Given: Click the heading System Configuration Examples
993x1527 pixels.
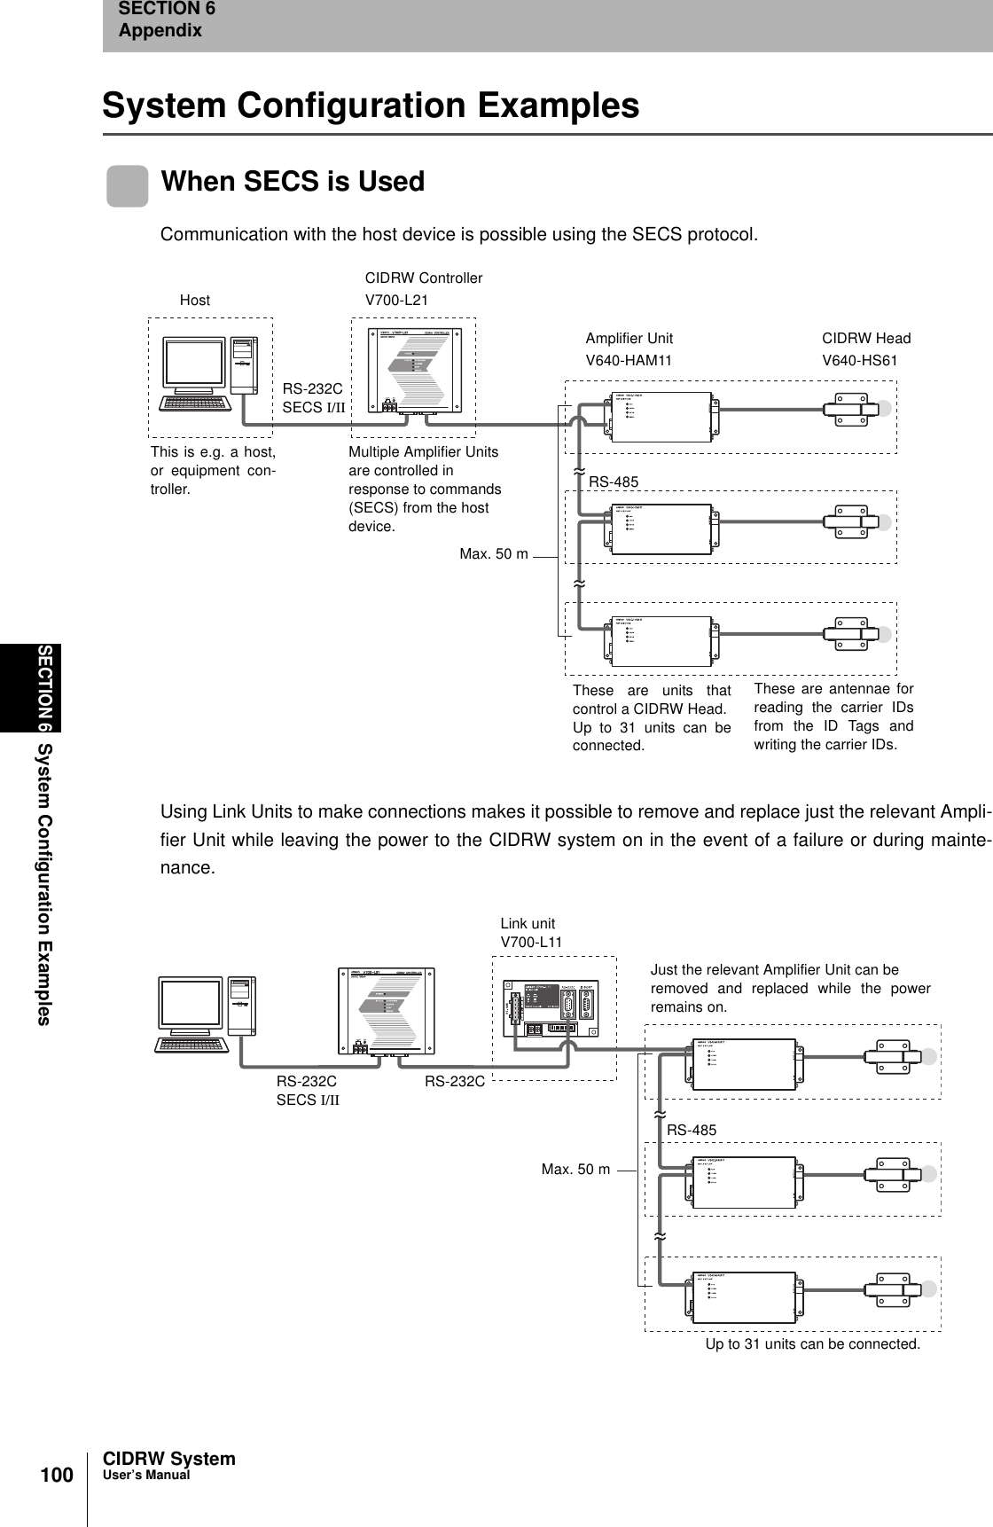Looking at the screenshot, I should [371, 105].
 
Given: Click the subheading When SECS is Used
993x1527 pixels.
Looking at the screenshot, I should [293, 182].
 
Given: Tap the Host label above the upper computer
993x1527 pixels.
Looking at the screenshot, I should [195, 301].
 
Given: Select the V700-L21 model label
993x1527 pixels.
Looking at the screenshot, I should [396, 301].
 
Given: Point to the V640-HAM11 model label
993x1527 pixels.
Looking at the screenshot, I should [629, 361].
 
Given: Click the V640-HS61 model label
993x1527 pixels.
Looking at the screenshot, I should [860, 361].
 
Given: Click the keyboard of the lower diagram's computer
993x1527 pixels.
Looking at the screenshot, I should [190, 1044].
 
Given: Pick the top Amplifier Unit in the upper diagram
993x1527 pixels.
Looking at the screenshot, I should [661, 415].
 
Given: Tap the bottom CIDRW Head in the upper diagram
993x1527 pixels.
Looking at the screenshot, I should [855, 633].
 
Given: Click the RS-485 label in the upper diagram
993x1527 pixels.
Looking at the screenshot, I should [614, 482].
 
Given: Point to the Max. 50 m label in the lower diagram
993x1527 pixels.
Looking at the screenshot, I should [575, 1170].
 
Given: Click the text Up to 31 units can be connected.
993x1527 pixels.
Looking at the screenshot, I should [812, 1344].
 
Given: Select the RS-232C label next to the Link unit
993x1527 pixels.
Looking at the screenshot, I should [454, 1082].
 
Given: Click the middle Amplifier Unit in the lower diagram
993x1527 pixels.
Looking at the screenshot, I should [744, 1178].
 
